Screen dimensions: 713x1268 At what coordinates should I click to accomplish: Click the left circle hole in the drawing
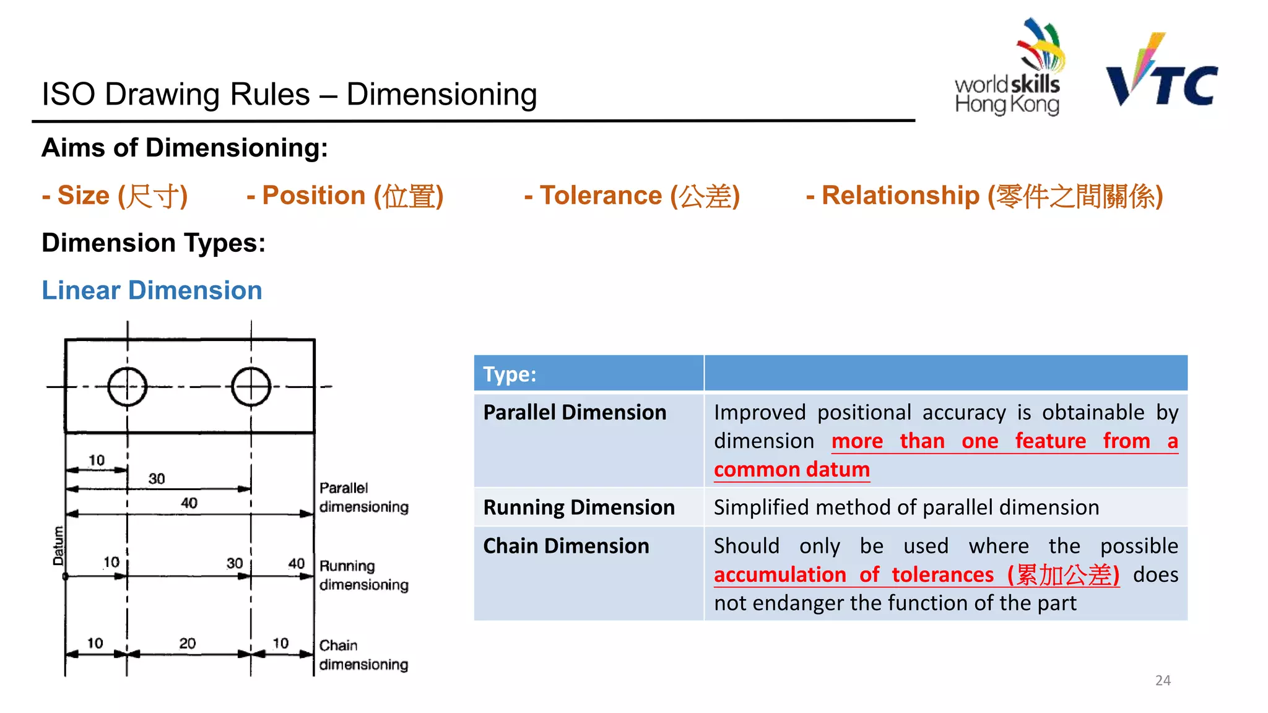click(x=127, y=387)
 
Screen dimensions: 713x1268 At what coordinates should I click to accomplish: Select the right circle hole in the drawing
click(x=251, y=387)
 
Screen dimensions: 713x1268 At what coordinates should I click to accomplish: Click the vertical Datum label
click(x=58, y=545)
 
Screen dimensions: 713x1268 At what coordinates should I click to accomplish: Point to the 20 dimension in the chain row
click(x=188, y=644)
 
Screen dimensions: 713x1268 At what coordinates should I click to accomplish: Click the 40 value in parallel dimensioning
click(x=189, y=503)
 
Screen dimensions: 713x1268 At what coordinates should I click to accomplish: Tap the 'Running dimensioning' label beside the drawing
click(x=363, y=575)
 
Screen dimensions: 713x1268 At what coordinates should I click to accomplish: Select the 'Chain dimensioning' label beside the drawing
click(x=363, y=655)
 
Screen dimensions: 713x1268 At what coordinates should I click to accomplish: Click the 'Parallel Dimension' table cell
click(x=575, y=413)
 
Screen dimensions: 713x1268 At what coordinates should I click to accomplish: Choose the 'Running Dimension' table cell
click(x=579, y=508)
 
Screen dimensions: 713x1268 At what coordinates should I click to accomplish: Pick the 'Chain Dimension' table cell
click(x=566, y=546)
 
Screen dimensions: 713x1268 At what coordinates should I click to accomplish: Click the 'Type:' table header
click(x=510, y=374)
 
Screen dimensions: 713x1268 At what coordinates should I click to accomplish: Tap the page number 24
click(x=1163, y=680)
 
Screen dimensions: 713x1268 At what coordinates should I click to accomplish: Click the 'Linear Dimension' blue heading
click(x=152, y=290)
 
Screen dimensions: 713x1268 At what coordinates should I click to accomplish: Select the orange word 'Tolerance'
click(x=601, y=196)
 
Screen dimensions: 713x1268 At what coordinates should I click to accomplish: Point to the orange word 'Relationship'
click(x=900, y=196)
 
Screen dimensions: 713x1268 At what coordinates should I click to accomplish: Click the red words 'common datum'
click(x=791, y=470)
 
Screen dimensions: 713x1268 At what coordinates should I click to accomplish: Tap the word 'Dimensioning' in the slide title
click(x=441, y=95)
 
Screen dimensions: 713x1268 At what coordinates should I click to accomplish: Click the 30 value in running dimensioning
click(x=235, y=563)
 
